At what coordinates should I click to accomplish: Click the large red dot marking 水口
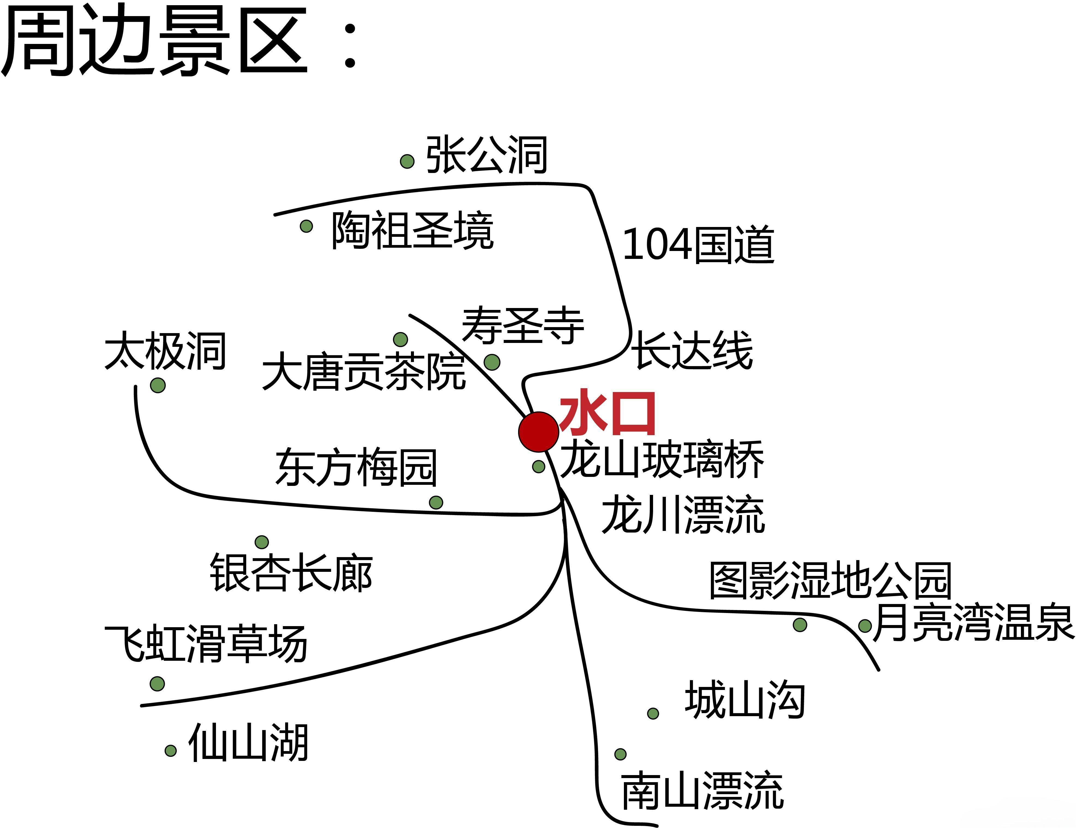tap(539, 432)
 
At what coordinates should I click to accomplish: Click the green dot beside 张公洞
tap(407, 161)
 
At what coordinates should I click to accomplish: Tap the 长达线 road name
tap(692, 350)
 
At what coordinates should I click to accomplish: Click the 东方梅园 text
tap(356, 467)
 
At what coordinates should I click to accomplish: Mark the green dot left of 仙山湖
tap(170, 751)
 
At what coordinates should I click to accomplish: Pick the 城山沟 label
tap(745, 700)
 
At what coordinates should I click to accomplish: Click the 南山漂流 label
tap(702, 791)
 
